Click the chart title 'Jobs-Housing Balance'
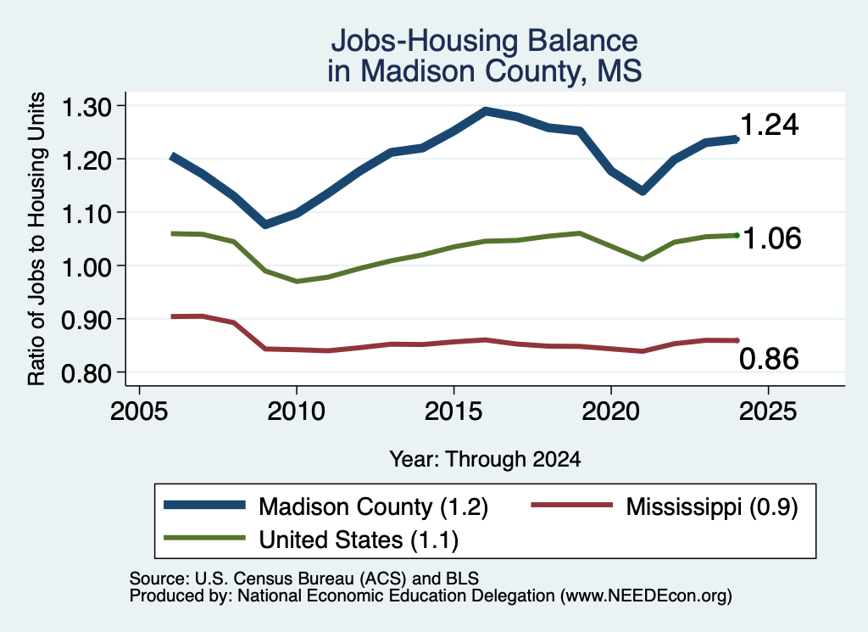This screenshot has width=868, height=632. pyautogui.click(x=484, y=41)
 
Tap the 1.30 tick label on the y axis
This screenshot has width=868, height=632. pyautogui.click(x=87, y=107)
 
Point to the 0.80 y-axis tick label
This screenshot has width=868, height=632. pyautogui.click(x=87, y=373)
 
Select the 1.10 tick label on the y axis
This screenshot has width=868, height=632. pyautogui.click(x=87, y=214)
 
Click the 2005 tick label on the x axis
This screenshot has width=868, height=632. pyautogui.click(x=140, y=411)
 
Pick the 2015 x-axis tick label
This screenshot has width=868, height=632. pyautogui.click(x=453, y=411)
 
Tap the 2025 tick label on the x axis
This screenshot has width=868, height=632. pyautogui.click(x=768, y=411)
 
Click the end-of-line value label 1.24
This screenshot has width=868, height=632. pyautogui.click(x=769, y=125)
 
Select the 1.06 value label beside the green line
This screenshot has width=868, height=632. pyautogui.click(x=771, y=238)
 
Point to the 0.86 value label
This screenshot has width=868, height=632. pyautogui.click(x=769, y=358)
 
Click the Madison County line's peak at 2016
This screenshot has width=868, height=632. pyautogui.click(x=486, y=111)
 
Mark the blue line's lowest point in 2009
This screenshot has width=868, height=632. pyautogui.click(x=265, y=224)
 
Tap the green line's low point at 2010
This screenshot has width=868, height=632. pyautogui.click(x=298, y=282)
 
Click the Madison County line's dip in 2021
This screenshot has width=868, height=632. pyautogui.click(x=643, y=191)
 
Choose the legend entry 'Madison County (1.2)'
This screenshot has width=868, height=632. pyautogui.click(x=326, y=506)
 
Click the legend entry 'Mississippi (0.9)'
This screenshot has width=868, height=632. pyautogui.click(x=665, y=506)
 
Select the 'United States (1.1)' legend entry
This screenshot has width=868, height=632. pyautogui.click(x=311, y=540)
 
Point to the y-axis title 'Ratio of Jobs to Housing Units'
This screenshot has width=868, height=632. pyautogui.click(x=36, y=238)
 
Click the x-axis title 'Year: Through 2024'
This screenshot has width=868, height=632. pyautogui.click(x=485, y=459)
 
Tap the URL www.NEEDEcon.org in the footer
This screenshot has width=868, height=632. pyautogui.click(x=646, y=596)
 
